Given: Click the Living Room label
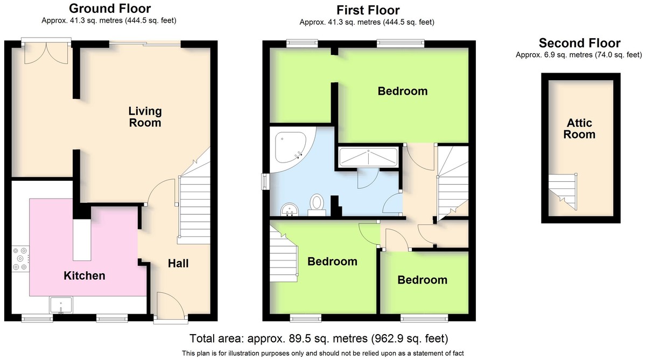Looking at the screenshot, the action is (x=145, y=117).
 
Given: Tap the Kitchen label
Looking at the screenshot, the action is (x=84, y=276).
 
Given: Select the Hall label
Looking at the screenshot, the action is (x=178, y=264).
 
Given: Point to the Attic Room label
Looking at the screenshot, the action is (x=579, y=129).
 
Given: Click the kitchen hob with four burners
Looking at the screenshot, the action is (x=20, y=259).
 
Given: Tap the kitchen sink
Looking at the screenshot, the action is (x=61, y=305).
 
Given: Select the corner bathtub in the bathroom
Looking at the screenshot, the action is (x=291, y=149).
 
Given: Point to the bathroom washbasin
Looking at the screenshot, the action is (x=289, y=209).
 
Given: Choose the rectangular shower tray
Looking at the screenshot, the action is (x=368, y=157).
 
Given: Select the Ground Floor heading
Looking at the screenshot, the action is (x=110, y=9).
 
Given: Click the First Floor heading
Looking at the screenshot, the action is (x=368, y=10).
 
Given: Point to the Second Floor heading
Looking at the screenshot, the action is (x=580, y=43).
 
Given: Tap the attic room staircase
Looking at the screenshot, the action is (x=563, y=192).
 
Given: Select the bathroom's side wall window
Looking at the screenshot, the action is (x=265, y=181).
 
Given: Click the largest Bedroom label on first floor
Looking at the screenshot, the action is (x=403, y=91).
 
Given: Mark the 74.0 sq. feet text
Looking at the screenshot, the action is (x=618, y=54).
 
